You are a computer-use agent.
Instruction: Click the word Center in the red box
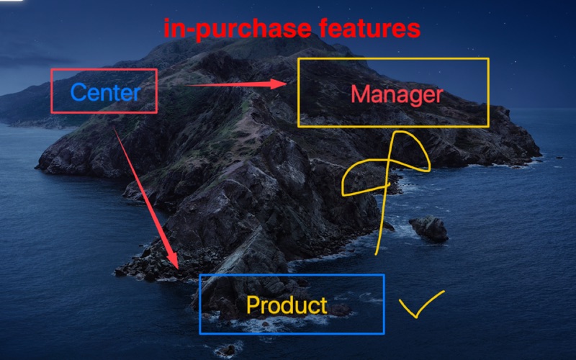[x=105, y=92]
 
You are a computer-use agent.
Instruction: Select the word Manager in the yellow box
[x=397, y=95]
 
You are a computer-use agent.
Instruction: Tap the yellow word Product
[x=287, y=305]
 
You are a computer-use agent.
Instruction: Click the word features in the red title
[x=369, y=28]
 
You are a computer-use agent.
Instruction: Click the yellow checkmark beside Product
[x=422, y=304]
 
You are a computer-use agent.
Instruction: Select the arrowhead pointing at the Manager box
[x=278, y=84]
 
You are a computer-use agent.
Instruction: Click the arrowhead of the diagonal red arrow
[x=171, y=260]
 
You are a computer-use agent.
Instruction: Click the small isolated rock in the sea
[x=429, y=229]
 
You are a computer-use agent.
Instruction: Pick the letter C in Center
[x=78, y=92]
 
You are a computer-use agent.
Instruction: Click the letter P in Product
[x=253, y=305]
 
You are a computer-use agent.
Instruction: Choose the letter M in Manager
[x=360, y=94]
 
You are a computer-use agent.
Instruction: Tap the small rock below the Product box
[x=227, y=351]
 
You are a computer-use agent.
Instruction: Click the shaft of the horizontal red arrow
[x=228, y=85]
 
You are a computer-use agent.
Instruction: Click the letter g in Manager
[x=414, y=97]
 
